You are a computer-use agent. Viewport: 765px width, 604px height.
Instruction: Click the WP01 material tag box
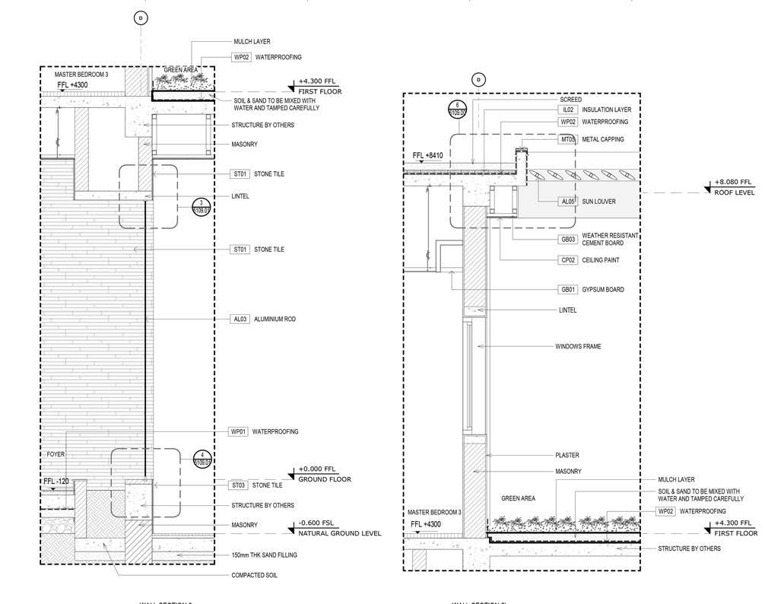pyautogui.click(x=239, y=432)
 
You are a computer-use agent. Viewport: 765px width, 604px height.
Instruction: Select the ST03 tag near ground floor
pyautogui.click(x=239, y=485)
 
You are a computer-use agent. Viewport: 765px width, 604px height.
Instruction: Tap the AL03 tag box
pyautogui.click(x=239, y=319)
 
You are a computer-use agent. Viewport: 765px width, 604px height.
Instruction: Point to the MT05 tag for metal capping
pyautogui.click(x=568, y=139)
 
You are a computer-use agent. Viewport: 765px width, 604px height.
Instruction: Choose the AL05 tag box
pyautogui.click(x=568, y=202)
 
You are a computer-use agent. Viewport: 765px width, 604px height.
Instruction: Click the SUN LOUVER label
pyautogui.click(x=599, y=202)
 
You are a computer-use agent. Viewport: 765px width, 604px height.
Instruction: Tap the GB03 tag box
pyautogui.click(x=568, y=240)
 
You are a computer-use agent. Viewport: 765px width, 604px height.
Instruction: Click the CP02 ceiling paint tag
pyautogui.click(x=568, y=260)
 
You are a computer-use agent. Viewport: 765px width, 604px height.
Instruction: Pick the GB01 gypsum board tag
pyautogui.click(x=568, y=290)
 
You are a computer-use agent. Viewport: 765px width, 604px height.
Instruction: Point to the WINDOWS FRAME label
pyautogui.click(x=578, y=347)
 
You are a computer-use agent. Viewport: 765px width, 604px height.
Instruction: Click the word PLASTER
pyautogui.click(x=567, y=456)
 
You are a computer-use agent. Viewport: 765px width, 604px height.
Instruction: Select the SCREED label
pyautogui.click(x=570, y=100)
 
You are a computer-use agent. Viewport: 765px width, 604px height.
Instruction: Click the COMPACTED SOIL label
pyautogui.click(x=254, y=576)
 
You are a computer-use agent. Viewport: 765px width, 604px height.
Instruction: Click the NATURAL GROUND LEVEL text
pyautogui.click(x=339, y=534)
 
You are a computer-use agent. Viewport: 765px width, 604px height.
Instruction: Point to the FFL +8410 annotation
pyautogui.click(x=427, y=156)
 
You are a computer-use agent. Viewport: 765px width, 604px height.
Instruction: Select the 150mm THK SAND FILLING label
pyautogui.click(x=265, y=555)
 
